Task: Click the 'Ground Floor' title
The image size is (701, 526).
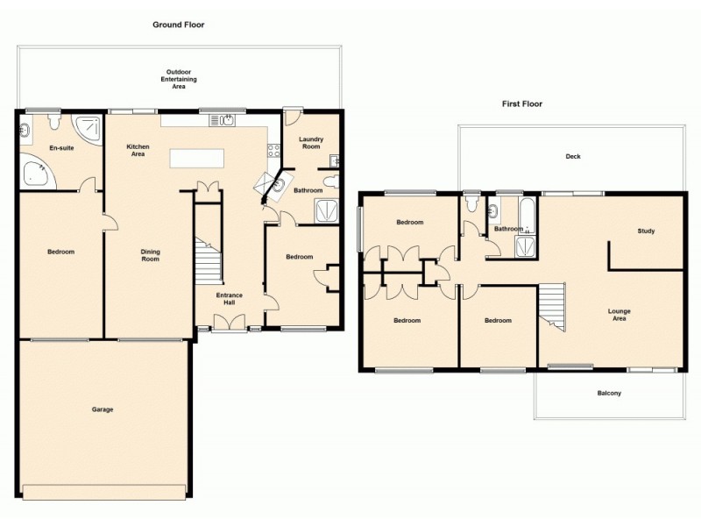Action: coord(178,25)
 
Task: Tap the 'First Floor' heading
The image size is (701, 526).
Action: coord(521,103)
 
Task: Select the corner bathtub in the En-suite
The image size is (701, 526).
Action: coord(35,173)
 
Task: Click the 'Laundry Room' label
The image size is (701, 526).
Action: coord(311,143)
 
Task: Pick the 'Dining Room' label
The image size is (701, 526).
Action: coord(151,255)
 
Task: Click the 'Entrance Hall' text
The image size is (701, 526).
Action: coord(230,299)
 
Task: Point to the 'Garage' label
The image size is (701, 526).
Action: coord(103,409)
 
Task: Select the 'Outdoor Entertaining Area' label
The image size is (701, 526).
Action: coord(178,79)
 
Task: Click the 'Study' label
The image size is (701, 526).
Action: coord(647,231)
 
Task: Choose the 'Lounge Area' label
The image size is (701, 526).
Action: coord(620,314)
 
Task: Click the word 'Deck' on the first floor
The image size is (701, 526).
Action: coord(573,157)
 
